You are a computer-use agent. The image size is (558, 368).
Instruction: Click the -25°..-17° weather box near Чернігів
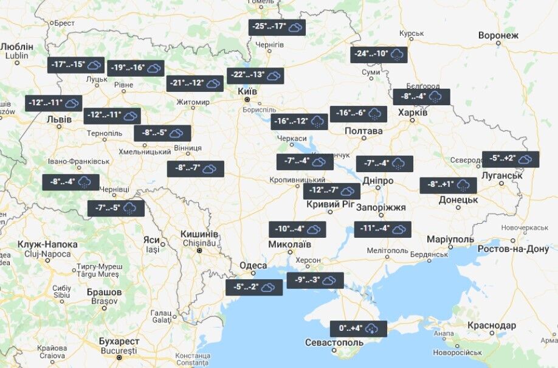pyautogui.click(x=277, y=27)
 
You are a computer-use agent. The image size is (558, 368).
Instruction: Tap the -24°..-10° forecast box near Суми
pyautogui.click(x=379, y=55)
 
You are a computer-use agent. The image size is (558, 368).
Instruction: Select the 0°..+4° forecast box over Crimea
pyautogui.click(x=358, y=328)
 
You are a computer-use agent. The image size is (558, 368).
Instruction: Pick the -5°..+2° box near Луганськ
pyautogui.click(x=511, y=159)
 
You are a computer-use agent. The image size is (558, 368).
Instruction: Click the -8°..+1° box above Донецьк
pyautogui.click(x=448, y=185)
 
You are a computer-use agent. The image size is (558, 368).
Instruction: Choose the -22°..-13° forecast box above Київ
pyautogui.click(x=255, y=75)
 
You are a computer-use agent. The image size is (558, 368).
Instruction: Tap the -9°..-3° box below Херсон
pyautogui.click(x=315, y=280)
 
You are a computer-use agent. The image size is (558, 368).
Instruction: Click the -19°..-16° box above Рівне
pyautogui.click(x=136, y=68)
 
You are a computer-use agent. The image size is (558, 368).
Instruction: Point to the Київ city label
pyautogui.click(x=247, y=91)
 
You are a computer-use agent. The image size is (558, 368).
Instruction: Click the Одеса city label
pyautogui.click(x=253, y=266)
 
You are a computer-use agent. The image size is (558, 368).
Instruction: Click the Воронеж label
pyautogui.click(x=498, y=35)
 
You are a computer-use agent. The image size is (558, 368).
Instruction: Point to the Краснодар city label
pyautogui.click(x=493, y=326)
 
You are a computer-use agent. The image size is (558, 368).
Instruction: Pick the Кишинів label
pyautogui.click(x=199, y=234)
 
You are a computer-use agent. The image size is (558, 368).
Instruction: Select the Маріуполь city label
pyautogui.click(x=450, y=239)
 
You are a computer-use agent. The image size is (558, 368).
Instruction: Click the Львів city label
pyautogui.click(x=60, y=119)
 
